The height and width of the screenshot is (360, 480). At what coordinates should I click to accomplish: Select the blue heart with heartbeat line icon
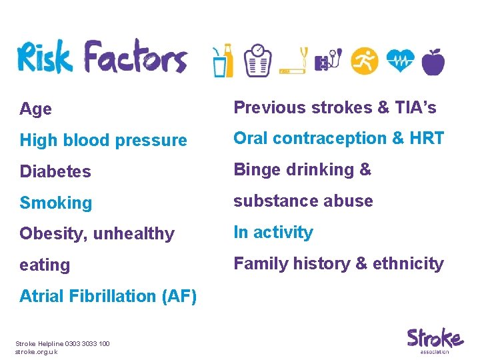(399, 61)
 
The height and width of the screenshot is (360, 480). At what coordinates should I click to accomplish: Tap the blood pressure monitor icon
(329, 61)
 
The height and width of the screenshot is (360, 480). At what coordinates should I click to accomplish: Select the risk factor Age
(36, 109)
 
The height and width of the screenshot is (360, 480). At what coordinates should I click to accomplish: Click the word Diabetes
(55, 171)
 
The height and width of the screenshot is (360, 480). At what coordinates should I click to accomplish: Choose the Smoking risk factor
(56, 203)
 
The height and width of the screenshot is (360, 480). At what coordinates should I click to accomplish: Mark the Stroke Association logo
(435, 340)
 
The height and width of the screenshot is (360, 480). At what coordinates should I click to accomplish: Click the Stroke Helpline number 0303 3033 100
(87, 343)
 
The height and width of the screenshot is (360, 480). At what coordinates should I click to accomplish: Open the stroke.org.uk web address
(36, 351)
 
